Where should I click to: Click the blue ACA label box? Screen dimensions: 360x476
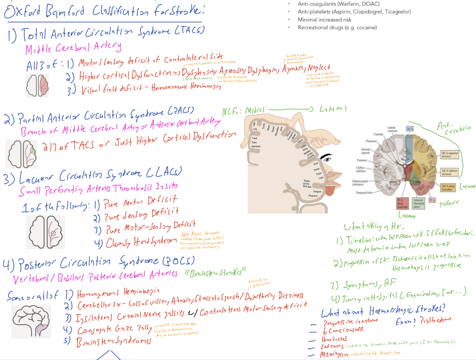coord(410,128)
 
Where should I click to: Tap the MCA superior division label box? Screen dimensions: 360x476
coord(449,154)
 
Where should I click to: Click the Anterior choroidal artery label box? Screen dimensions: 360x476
coord(418,203)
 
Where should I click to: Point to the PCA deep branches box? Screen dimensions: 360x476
coord(402,203)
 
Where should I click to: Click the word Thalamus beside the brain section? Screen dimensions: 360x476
coord(371,141)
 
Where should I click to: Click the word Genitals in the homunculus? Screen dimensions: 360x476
coord(256,146)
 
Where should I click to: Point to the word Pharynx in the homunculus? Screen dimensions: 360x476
coord(313,196)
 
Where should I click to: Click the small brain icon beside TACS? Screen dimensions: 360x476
coord(37,86)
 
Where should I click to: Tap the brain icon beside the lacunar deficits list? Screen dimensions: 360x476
coord(46,232)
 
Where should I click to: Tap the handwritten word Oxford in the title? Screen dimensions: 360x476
coord(22,12)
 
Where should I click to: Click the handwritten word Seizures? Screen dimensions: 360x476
coord(332,346)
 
